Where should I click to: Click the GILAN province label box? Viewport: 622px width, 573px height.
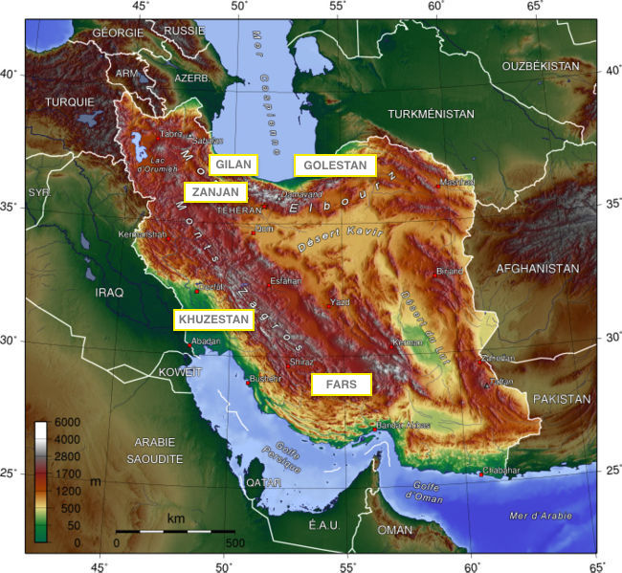point(233,165)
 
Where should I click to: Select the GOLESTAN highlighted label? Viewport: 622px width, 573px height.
point(335,165)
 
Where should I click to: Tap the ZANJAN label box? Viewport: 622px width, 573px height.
point(214,192)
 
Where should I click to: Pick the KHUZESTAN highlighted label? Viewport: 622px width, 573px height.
point(212,320)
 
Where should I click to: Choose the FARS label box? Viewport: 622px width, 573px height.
point(341,384)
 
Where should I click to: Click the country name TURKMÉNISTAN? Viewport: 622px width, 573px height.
point(431,114)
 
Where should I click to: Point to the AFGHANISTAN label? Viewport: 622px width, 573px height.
point(537,269)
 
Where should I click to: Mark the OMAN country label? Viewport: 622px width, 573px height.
point(395,529)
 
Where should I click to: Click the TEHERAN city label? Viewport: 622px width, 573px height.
point(238,210)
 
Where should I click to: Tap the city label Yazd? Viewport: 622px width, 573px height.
point(340,302)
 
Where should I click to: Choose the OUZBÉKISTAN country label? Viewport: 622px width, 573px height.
point(541,66)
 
